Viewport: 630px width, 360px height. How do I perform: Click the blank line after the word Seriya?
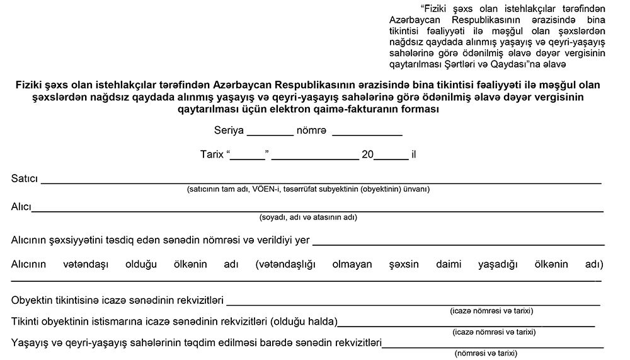(x=270, y=134)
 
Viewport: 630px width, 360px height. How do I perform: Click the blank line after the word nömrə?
(x=367, y=134)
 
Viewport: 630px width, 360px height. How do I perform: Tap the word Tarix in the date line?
(x=211, y=154)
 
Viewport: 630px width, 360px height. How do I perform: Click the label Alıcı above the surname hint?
(x=21, y=206)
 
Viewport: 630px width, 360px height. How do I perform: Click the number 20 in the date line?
(x=367, y=154)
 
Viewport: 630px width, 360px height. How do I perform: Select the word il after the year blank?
(x=414, y=154)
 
